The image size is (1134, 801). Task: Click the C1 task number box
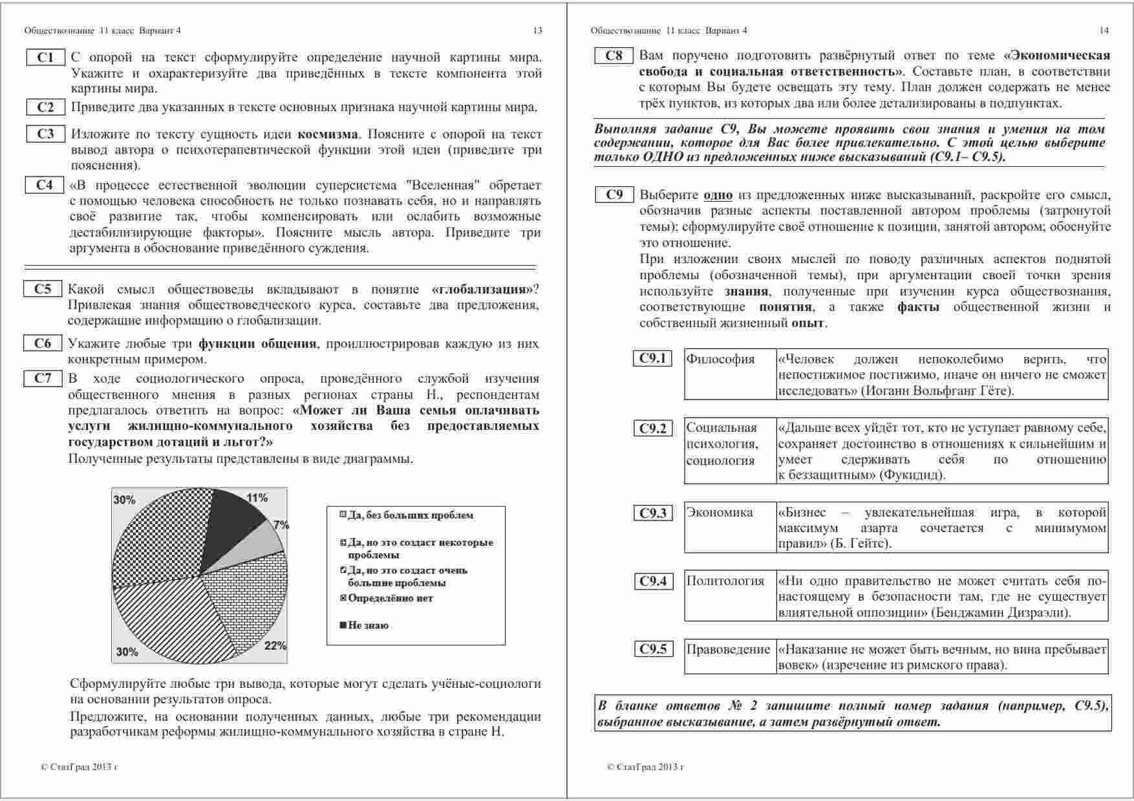[x=45, y=58]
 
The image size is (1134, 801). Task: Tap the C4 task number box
[x=45, y=185]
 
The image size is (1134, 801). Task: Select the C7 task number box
[x=43, y=378]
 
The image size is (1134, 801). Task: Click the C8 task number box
[x=614, y=56]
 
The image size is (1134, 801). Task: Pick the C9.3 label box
[x=652, y=513]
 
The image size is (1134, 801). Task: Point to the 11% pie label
[x=257, y=498]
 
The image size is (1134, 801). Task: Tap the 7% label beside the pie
[x=281, y=525]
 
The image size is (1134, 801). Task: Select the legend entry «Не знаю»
[x=367, y=626]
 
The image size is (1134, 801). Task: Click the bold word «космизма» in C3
[x=327, y=134]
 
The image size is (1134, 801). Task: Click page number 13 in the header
[x=537, y=30]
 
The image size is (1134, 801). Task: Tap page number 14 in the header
[x=1104, y=30]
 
